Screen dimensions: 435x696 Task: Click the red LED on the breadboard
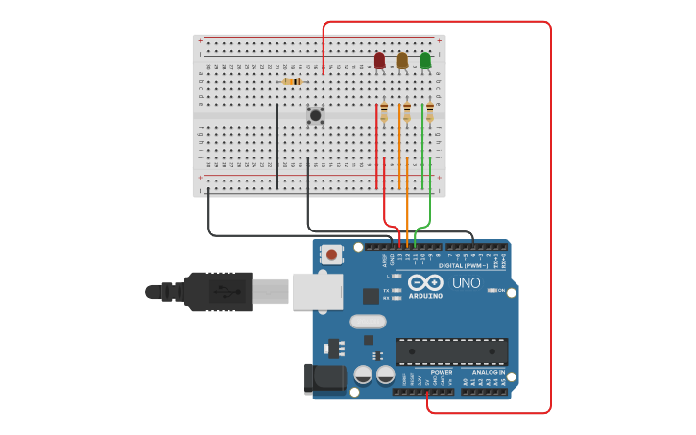(x=379, y=60)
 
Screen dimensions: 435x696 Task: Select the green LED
(x=425, y=60)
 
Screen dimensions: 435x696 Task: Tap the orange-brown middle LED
(x=402, y=60)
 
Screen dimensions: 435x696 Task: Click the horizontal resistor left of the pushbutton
(x=293, y=82)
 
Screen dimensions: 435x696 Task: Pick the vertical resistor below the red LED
(x=384, y=113)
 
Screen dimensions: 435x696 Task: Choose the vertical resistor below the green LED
(x=430, y=113)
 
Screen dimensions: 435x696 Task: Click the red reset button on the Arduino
(x=331, y=254)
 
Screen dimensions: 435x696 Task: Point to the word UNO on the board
(x=467, y=283)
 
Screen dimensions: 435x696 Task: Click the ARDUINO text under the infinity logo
(x=426, y=296)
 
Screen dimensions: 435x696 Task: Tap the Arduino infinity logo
(x=424, y=282)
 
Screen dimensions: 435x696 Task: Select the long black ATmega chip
(x=451, y=351)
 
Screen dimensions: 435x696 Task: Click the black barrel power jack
(x=324, y=378)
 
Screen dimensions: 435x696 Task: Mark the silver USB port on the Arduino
(x=316, y=291)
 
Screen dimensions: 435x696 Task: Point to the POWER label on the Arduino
(x=442, y=372)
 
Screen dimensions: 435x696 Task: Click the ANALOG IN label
(x=488, y=372)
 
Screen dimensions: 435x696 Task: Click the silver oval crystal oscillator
(x=368, y=322)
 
